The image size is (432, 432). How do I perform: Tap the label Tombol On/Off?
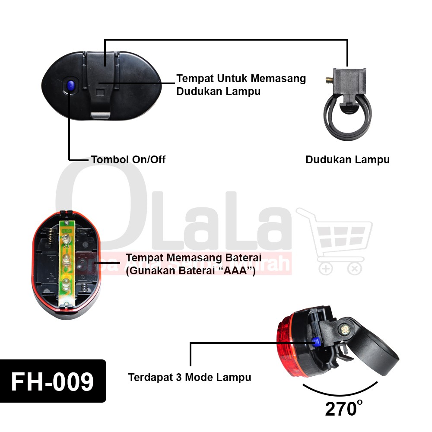click(128, 159)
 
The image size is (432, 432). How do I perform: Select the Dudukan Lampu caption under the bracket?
click(347, 159)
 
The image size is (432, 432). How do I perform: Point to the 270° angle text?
click(343, 408)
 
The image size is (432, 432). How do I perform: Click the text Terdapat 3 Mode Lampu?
click(190, 377)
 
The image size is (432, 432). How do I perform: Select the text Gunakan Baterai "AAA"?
click(190, 271)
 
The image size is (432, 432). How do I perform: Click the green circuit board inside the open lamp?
click(66, 264)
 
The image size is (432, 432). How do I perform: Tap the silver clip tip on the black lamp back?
click(101, 115)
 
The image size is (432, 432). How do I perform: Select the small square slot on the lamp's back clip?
click(100, 92)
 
